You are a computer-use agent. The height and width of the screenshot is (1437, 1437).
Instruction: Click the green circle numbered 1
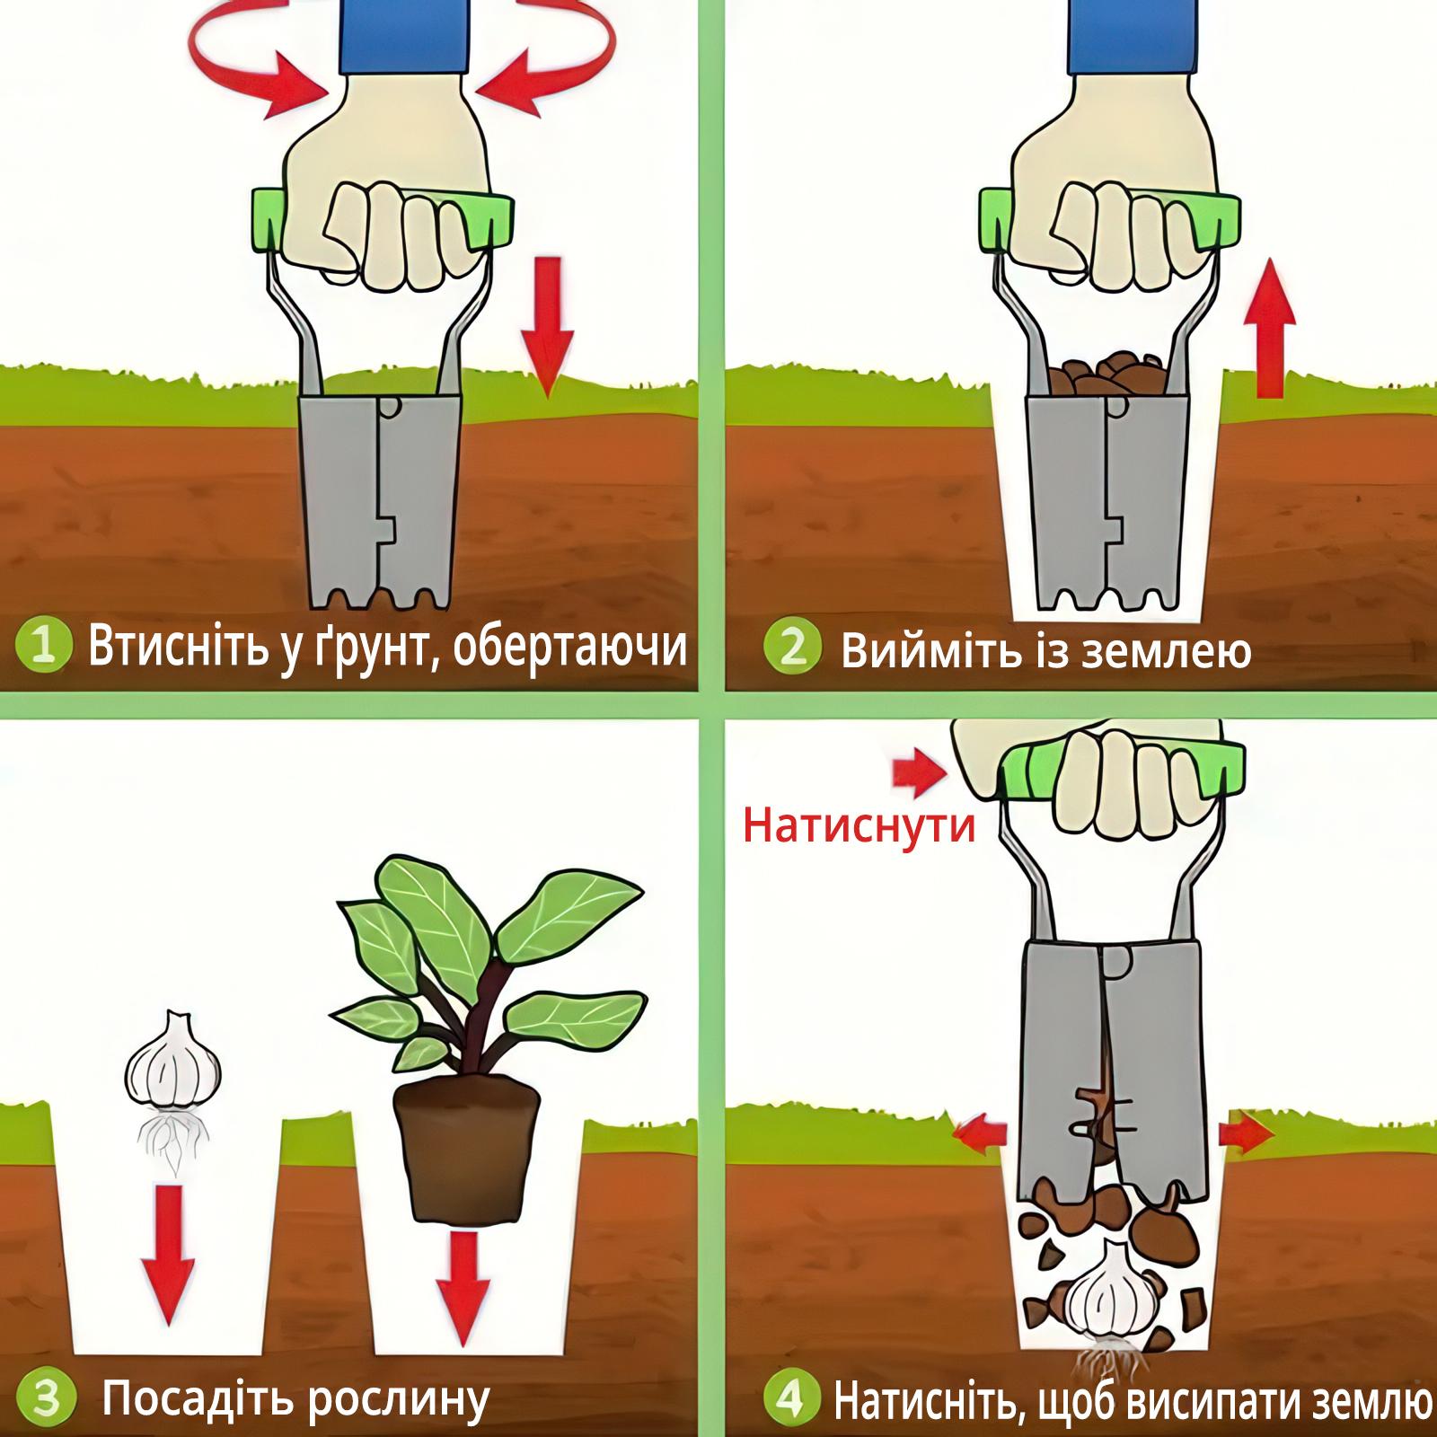click(x=43, y=646)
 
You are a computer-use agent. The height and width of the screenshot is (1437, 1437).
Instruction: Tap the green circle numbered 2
click(x=792, y=647)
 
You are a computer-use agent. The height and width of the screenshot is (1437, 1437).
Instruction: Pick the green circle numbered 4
click(x=790, y=1398)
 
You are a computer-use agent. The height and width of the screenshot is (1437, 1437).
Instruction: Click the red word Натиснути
click(x=859, y=824)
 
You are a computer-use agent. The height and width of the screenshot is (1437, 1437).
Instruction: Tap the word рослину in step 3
click(x=398, y=1399)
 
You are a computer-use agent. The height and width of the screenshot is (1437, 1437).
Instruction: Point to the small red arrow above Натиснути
click(x=919, y=774)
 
